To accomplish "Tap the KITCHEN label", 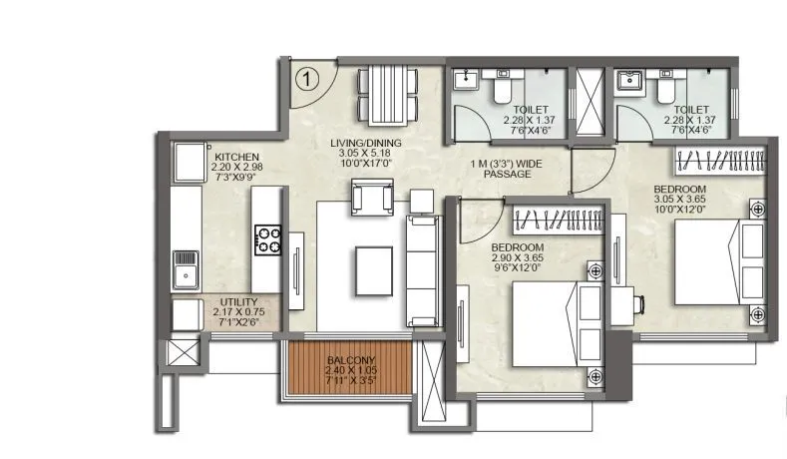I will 236,158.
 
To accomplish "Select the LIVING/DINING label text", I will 364,143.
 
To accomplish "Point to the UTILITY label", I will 236,301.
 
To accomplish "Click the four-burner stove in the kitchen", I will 268,240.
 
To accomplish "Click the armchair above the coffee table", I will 371,198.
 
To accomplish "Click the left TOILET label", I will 529,110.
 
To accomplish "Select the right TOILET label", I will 690,110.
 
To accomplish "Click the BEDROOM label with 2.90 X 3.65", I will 517,247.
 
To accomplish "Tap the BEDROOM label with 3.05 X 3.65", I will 679,189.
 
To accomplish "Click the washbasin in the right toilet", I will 628,80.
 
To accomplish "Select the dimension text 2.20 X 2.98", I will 236,169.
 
